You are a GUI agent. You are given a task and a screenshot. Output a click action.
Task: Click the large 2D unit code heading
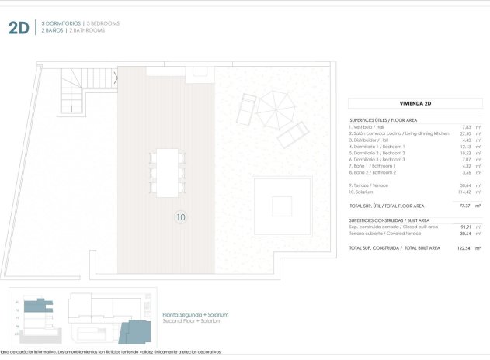tap(19, 29)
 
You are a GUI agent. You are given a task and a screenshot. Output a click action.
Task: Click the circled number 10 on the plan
tap(180, 218)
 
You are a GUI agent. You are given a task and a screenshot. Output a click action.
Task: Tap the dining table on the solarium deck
tap(166, 171)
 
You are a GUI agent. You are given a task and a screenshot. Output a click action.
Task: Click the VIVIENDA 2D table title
tap(415, 102)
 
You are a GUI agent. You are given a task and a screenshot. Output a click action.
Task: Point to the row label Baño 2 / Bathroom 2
tap(373, 171)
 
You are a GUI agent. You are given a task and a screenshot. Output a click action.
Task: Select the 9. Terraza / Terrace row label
tap(371, 185)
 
